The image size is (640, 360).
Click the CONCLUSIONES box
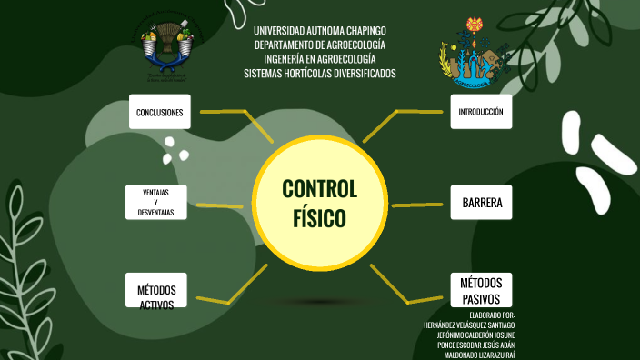[160, 112]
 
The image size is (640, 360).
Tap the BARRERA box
[481, 203]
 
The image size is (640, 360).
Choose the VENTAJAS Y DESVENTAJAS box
[156, 203]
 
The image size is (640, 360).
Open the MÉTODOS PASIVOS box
[481, 290]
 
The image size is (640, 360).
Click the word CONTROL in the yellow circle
[320, 189]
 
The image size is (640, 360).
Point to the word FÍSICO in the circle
[320, 218]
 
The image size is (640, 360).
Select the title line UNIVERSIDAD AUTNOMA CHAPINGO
[320, 30]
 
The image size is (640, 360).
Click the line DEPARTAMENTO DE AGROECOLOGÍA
[320, 45]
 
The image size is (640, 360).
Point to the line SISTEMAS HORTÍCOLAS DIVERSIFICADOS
[320, 74]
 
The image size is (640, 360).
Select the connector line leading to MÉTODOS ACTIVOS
[232, 289]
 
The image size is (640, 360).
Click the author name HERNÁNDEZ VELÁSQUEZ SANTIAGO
[469, 325]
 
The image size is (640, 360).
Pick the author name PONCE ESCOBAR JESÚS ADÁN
[475, 345]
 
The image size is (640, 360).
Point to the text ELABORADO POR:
[492, 315]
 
